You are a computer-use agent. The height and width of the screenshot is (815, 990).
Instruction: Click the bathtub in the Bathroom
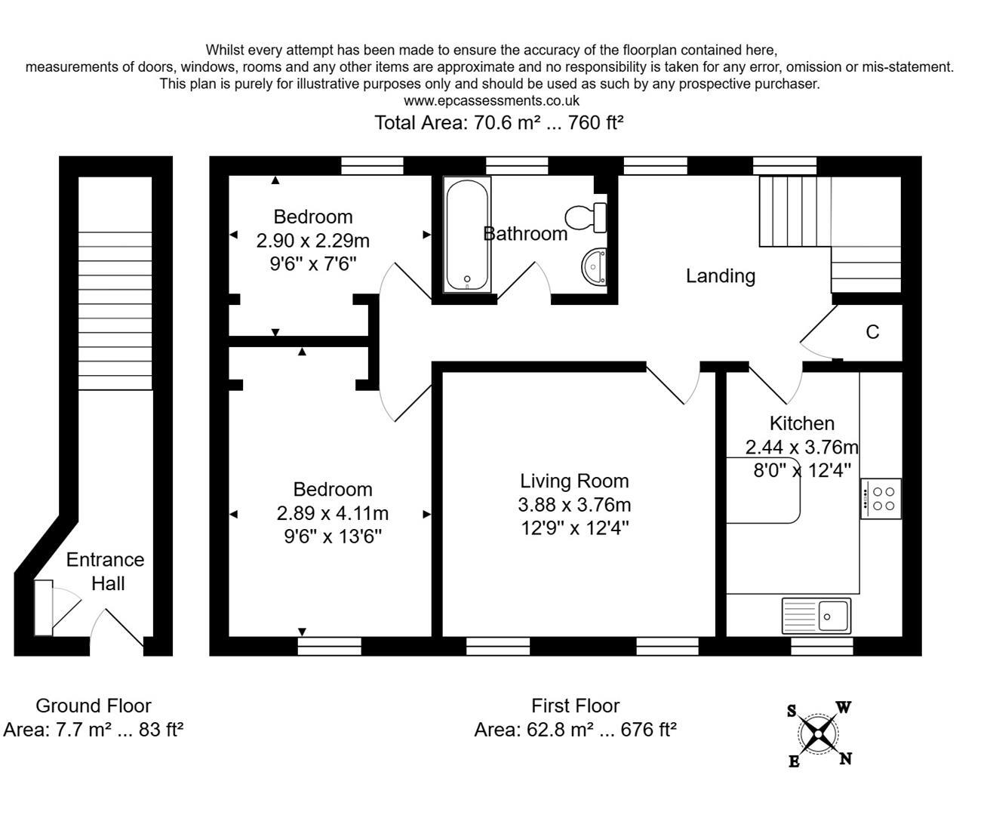pos(467,234)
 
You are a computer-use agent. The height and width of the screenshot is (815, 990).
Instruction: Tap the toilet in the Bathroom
pos(587,217)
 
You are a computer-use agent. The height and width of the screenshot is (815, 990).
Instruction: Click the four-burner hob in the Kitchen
pos(881,499)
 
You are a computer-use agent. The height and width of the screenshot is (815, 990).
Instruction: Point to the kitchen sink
pos(816,615)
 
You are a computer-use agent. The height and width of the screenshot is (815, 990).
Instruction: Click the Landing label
pos(720,276)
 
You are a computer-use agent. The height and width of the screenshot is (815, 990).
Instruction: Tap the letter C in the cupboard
pos(872,332)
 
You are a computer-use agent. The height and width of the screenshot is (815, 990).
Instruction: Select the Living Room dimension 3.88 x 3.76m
pos(575,505)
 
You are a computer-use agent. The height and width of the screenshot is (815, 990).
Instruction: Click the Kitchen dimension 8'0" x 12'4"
pos(802,469)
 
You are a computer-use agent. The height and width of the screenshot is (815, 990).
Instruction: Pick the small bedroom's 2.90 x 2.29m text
pos(312,241)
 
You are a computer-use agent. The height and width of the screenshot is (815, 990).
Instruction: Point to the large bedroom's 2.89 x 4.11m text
pos(332,514)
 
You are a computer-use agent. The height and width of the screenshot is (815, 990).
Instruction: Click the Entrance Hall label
pos(106,571)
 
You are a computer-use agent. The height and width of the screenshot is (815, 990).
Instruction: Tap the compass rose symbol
pos(819,733)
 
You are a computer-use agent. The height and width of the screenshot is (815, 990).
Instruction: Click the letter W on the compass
pos(844,708)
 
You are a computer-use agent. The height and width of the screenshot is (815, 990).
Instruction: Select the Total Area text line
pos(499,122)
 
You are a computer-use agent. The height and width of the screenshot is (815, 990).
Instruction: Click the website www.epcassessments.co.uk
pos(491,100)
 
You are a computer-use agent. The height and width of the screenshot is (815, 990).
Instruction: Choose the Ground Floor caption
pos(94,706)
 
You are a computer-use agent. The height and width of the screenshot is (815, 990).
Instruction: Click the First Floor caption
pos(575,706)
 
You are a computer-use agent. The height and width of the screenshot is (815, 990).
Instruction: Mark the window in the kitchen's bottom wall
pos(822,646)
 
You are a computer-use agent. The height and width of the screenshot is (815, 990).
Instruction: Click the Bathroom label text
pos(525,234)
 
